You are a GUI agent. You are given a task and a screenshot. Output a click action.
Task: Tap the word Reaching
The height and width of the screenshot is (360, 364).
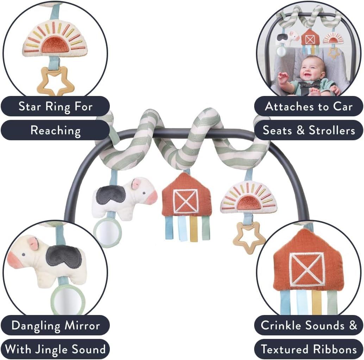[55, 130]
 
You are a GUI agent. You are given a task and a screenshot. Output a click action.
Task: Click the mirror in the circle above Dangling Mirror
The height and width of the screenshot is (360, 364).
[67, 299]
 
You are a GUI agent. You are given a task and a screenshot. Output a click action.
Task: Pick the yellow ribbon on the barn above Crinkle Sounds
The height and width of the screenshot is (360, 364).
[316, 302]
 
